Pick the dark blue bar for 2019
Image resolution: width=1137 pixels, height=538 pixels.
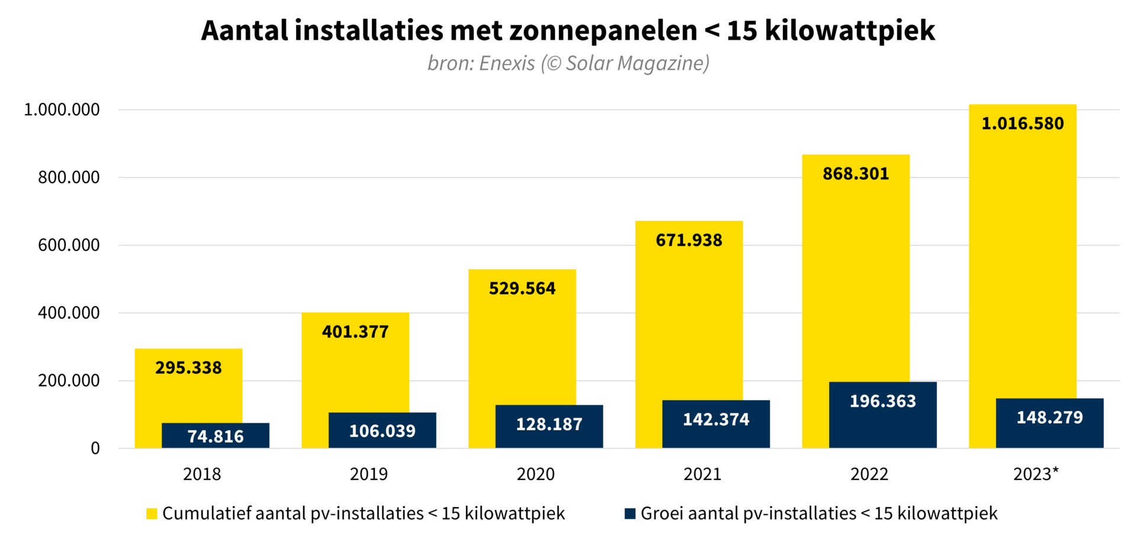[x=382, y=430]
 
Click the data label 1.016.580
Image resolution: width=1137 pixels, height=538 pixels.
[x=1023, y=124]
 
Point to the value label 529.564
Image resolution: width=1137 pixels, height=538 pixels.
[x=522, y=289]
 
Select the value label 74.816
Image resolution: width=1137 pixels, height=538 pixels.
[x=216, y=437]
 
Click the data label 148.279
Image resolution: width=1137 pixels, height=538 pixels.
[x=1049, y=418]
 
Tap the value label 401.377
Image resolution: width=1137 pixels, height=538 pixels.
[x=355, y=332]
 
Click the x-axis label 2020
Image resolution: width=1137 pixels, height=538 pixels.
[x=535, y=474]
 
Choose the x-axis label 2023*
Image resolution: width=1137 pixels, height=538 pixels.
[x=1036, y=474]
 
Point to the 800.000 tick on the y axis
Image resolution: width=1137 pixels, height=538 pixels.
[x=69, y=178]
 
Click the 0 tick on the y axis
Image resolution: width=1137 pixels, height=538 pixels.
[x=95, y=449]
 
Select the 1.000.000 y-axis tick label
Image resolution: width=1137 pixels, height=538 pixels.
[x=62, y=109]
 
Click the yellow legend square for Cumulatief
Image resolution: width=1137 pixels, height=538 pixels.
[x=152, y=514]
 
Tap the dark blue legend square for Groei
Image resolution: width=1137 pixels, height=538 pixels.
[x=630, y=514]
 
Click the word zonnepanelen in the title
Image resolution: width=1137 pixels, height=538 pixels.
[x=603, y=31]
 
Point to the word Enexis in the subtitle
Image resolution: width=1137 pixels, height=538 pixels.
[x=507, y=63]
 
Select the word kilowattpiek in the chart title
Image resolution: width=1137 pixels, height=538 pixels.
[x=850, y=31]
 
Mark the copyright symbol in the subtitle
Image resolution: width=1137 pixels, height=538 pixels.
[x=553, y=63]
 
